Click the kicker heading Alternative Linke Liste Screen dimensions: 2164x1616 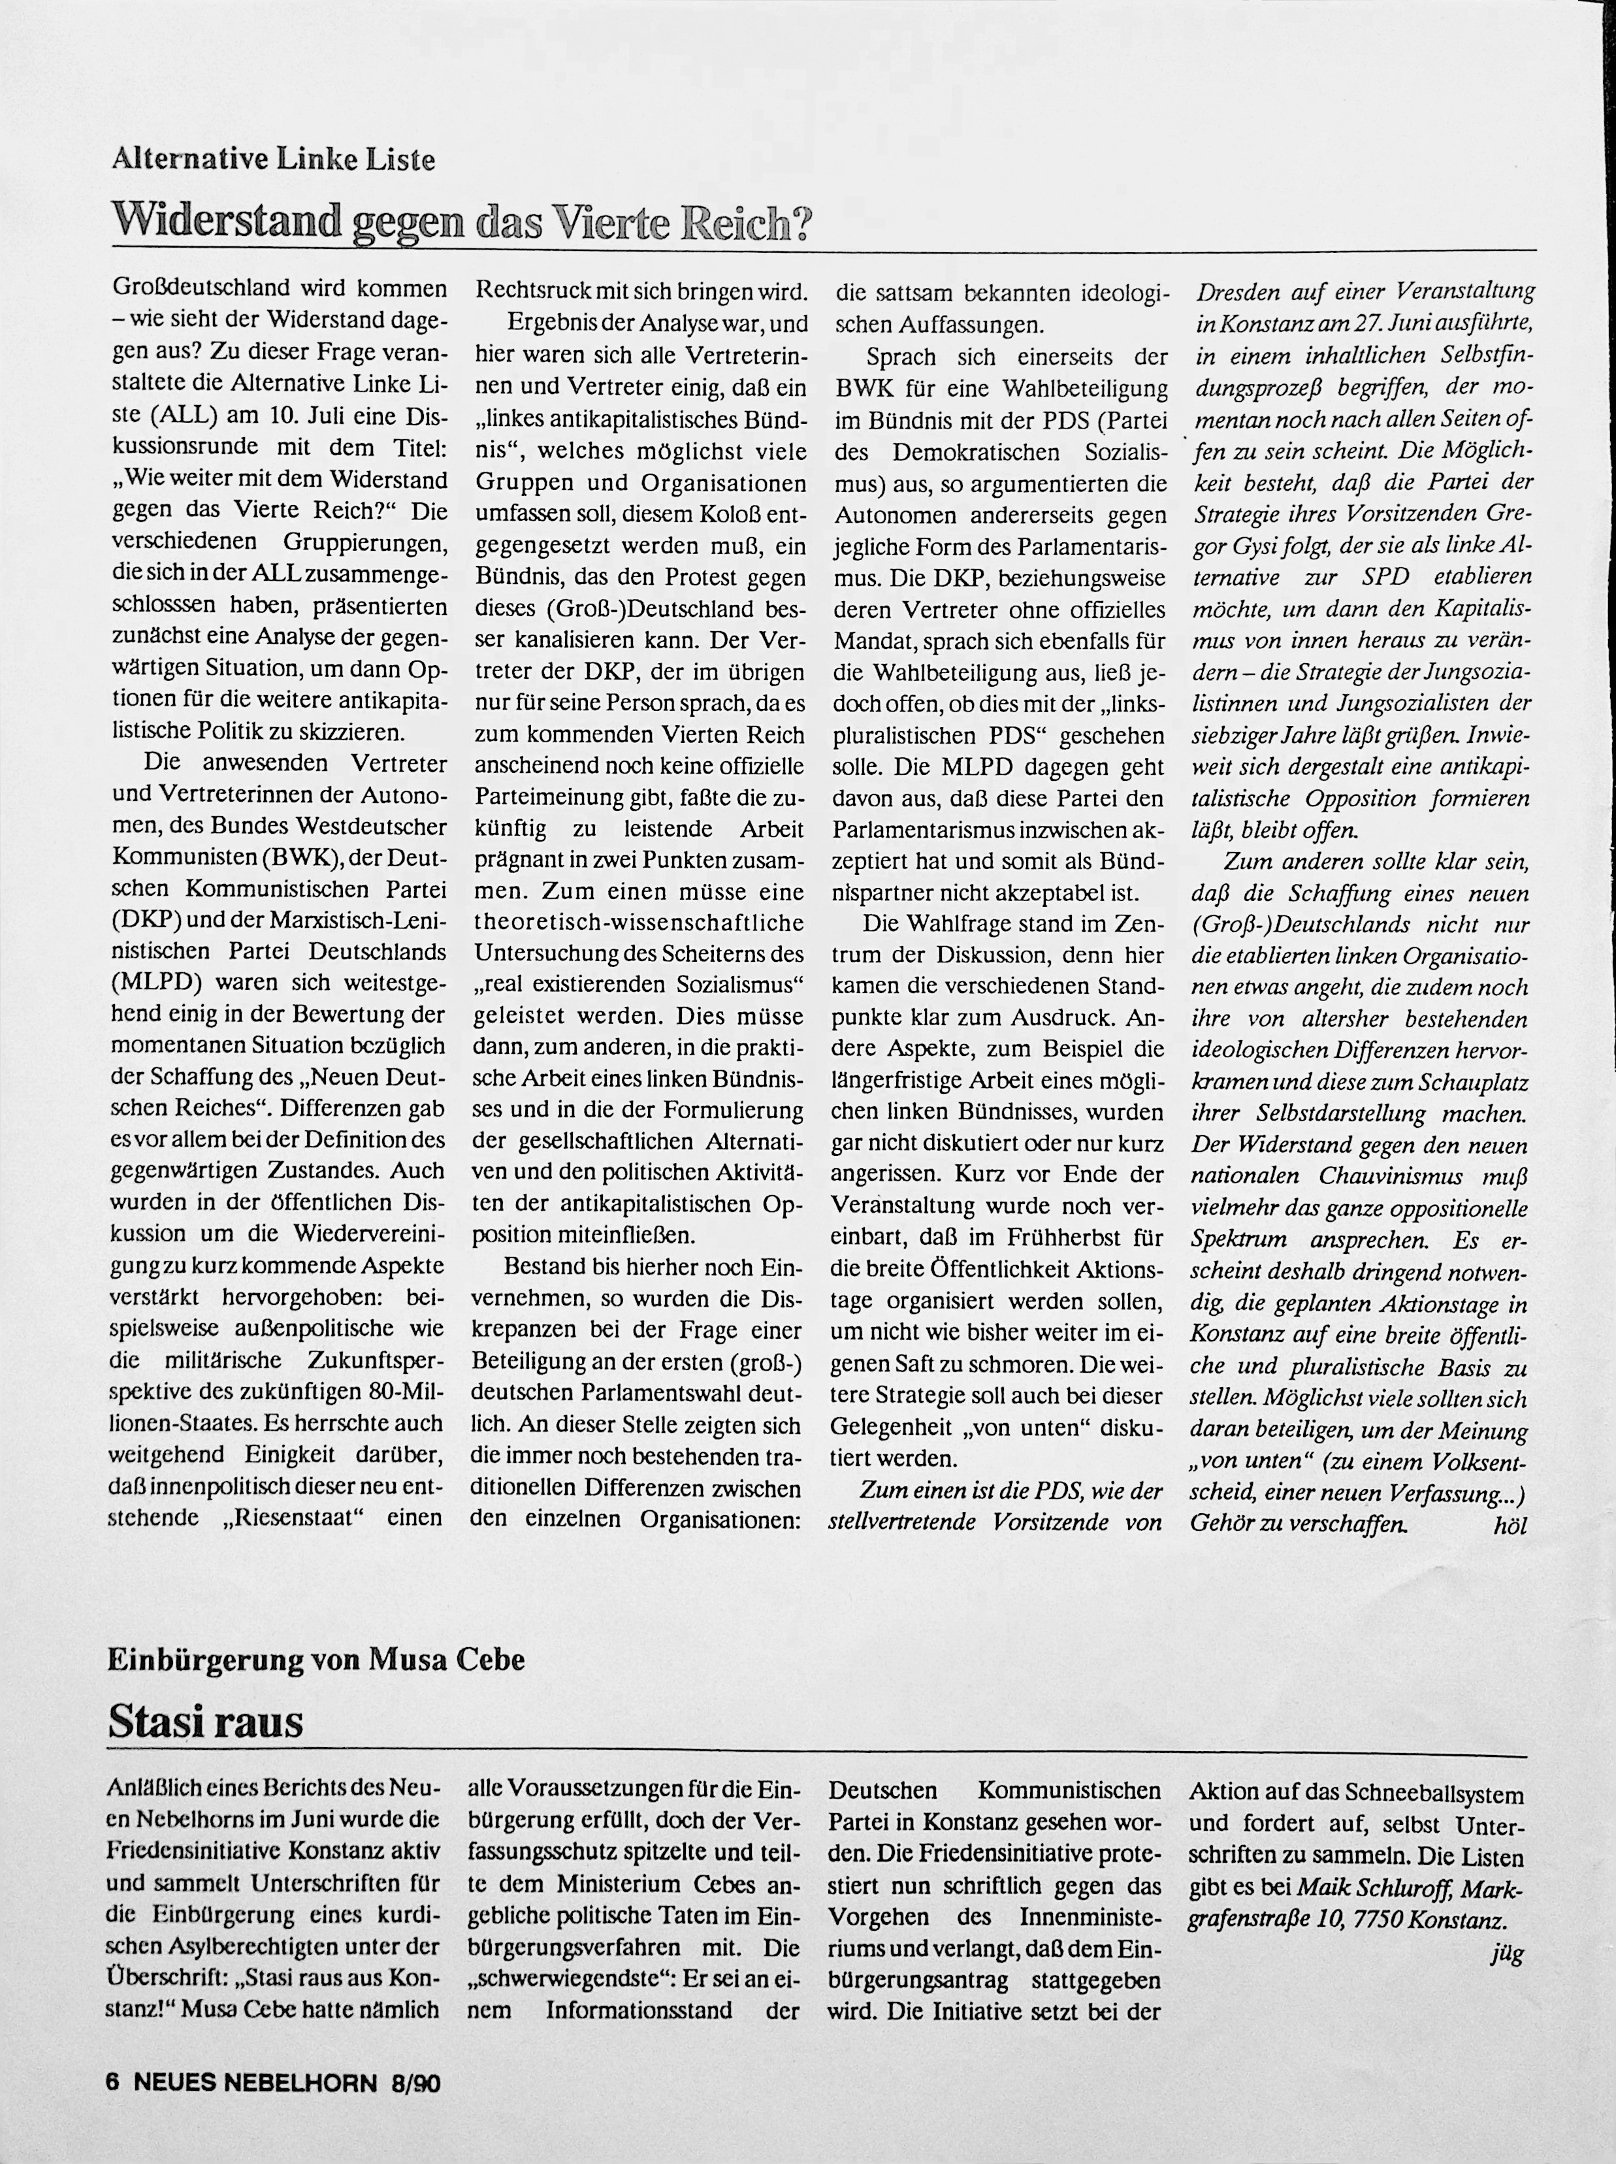[273, 159]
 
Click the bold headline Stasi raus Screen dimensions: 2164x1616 [205, 1721]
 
